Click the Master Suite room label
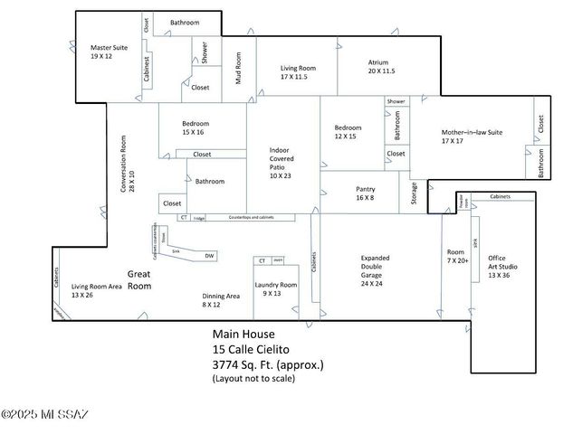107,51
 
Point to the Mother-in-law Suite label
472,137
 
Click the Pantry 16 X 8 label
365,193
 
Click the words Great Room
138,279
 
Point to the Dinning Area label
221,300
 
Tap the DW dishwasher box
209,256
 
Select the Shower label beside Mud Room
205,53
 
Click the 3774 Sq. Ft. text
267,365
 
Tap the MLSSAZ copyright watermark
45,415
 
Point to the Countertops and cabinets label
250,217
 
